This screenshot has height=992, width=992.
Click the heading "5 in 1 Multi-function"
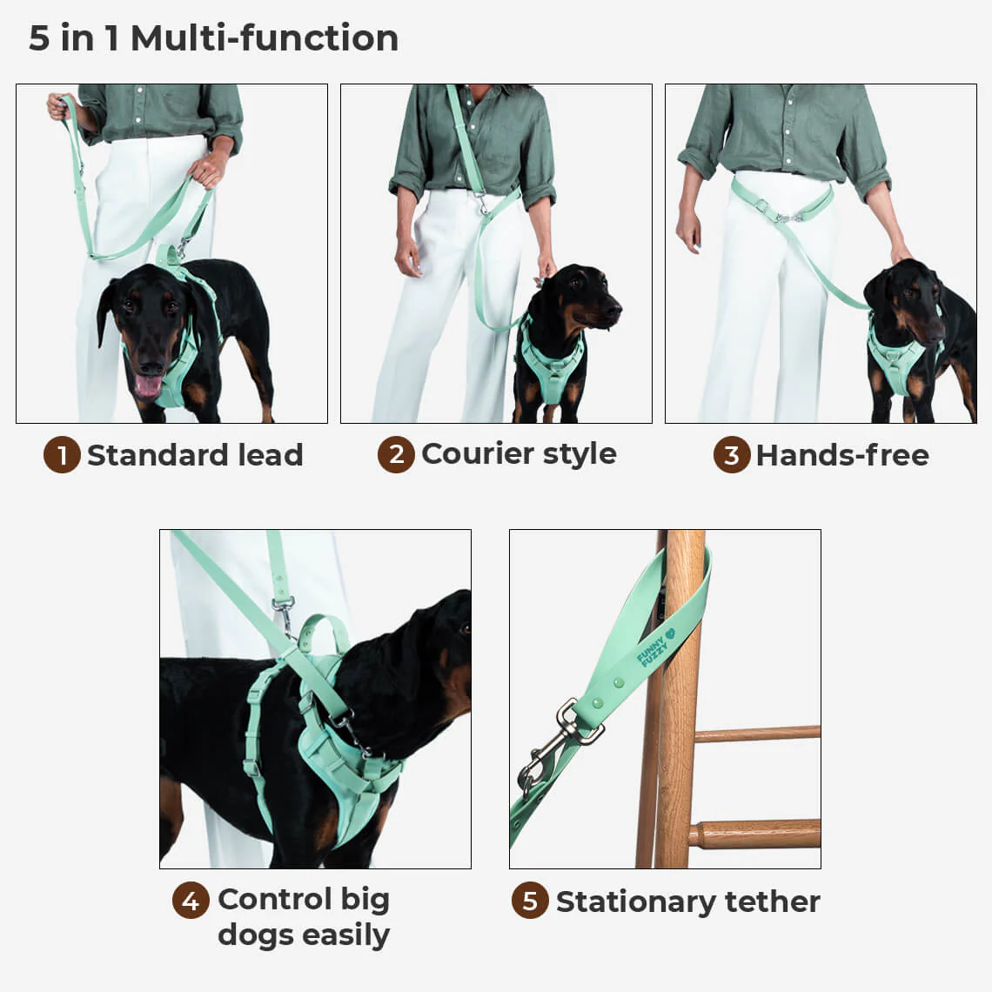pos(213,38)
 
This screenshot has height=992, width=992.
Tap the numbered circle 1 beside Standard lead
pos(62,455)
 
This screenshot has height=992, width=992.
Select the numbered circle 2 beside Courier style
pos(396,454)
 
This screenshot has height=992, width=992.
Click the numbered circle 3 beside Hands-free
pos(731,455)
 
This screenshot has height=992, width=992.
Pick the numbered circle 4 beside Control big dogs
pos(190,901)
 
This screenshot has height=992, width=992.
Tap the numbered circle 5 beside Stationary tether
pos(529,902)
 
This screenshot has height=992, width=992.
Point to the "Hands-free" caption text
pos(841,455)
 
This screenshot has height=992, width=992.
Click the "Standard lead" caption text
pos(195,455)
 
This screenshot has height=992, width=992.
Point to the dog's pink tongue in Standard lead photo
pos(147,385)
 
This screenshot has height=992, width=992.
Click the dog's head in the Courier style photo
pos(579,300)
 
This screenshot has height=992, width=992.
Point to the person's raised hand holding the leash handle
pos(62,108)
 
